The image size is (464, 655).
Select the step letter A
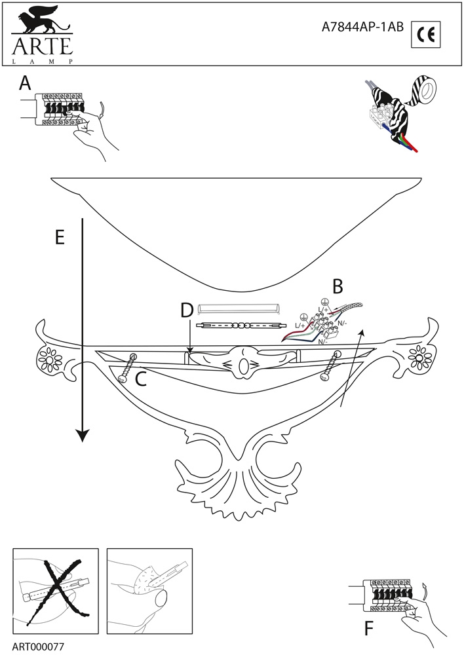[x=26, y=83]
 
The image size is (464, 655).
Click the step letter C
[x=140, y=378]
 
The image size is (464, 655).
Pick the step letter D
[x=187, y=311]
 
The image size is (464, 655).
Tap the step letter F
[x=369, y=629]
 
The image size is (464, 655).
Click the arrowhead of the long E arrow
[x=82, y=434]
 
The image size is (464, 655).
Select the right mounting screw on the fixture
[x=331, y=365]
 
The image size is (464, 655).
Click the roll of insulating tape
[x=423, y=90]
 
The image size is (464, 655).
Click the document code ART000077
[x=38, y=645]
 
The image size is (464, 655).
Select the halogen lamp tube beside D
[x=242, y=325]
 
